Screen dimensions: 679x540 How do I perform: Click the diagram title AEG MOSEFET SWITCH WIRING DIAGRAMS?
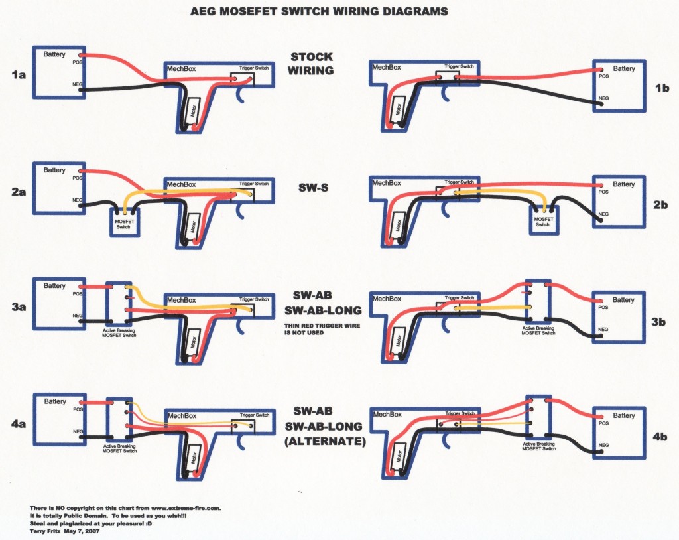click(319, 11)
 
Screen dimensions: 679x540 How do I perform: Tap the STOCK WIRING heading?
click(311, 64)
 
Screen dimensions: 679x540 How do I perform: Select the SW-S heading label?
click(313, 188)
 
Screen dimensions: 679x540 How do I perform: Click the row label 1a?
click(19, 75)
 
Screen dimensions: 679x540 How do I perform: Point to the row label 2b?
click(660, 204)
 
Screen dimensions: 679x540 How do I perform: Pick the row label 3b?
click(658, 322)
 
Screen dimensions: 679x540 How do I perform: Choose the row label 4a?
click(19, 423)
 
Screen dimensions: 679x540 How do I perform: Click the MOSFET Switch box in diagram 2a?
click(125, 222)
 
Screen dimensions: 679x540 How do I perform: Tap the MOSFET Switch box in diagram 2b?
click(544, 220)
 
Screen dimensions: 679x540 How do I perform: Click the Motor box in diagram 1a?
click(194, 112)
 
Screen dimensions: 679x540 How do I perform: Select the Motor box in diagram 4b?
click(398, 457)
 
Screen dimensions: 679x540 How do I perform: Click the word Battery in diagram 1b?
click(623, 68)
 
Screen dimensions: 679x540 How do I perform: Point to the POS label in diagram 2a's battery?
click(77, 178)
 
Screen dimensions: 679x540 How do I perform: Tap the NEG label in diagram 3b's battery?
click(603, 330)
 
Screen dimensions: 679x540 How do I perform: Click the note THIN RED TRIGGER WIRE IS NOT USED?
click(322, 329)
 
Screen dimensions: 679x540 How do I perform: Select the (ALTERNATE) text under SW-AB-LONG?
click(325, 442)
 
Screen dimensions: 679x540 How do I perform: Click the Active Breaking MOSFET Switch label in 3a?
click(119, 333)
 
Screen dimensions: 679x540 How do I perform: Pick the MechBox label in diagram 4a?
click(182, 416)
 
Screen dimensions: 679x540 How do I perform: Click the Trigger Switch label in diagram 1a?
click(254, 68)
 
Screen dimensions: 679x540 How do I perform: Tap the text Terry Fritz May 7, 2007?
click(64, 531)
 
